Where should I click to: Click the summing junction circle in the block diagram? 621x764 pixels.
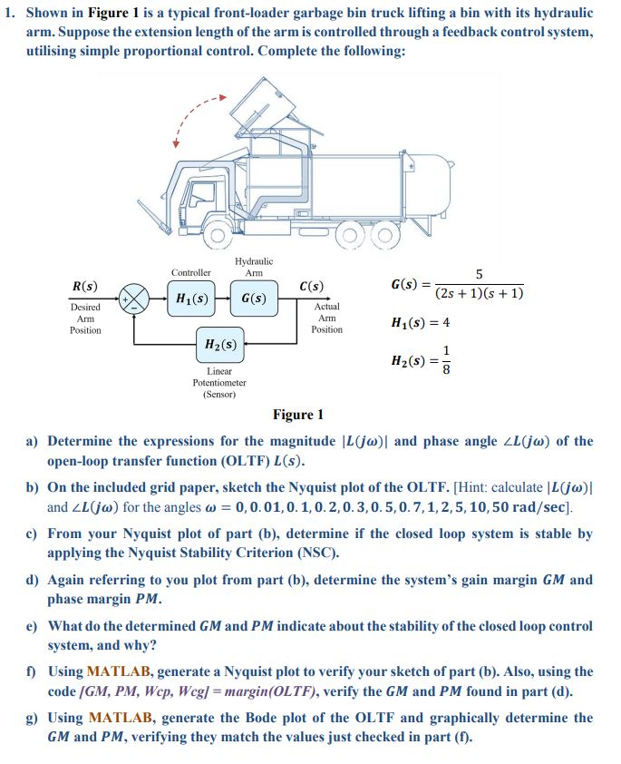point(136,298)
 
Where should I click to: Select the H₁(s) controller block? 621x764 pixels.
point(192,298)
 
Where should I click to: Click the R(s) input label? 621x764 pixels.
point(85,287)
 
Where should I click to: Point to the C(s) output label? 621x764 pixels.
point(311,288)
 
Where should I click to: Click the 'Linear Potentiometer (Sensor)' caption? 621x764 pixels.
point(218,383)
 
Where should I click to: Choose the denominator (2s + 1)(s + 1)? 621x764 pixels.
point(479,293)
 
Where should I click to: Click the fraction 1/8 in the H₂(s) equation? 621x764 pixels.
point(445,361)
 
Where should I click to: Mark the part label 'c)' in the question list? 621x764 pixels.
point(31,534)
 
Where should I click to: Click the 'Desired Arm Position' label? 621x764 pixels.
point(85,318)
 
